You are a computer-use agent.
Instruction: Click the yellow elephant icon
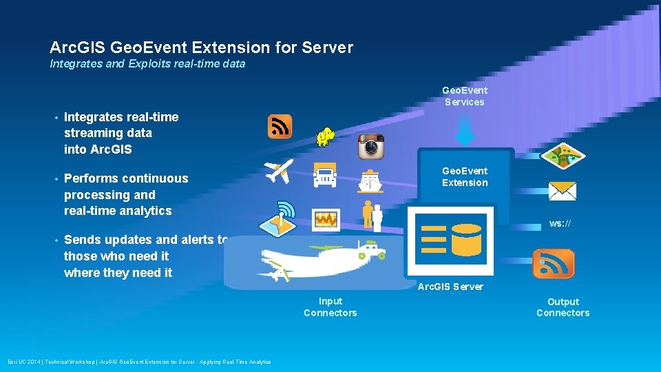point(325,137)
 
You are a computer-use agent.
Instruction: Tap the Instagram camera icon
point(370,147)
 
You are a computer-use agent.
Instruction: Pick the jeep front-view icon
point(325,175)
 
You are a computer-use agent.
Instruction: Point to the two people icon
point(372,215)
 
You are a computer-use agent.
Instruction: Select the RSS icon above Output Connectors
point(553,264)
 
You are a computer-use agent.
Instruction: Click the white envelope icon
point(562,191)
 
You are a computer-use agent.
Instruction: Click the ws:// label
point(560,224)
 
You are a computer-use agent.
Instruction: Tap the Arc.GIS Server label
point(450,287)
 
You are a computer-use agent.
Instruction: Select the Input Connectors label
point(330,307)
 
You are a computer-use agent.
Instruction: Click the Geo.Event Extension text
point(465,176)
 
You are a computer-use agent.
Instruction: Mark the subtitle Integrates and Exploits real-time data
point(147,64)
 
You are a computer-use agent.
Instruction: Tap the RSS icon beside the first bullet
point(280,127)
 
